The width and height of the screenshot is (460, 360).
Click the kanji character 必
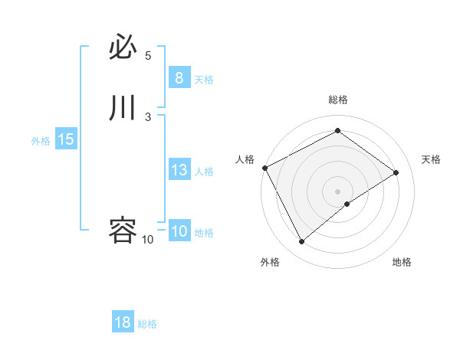(x=123, y=48)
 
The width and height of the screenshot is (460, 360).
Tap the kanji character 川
(x=123, y=108)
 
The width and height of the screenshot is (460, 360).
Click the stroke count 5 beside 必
(x=148, y=56)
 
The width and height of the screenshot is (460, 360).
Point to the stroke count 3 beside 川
(x=148, y=116)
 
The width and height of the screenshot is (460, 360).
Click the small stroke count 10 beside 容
(x=147, y=240)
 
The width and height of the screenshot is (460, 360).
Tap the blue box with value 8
(x=179, y=78)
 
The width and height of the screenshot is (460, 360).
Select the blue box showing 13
(x=179, y=170)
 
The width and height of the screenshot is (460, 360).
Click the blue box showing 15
(x=66, y=139)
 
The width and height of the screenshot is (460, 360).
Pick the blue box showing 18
(x=123, y=322)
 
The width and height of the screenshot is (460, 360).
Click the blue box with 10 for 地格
(x=179, y=231)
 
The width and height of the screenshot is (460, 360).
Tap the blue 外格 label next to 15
(x=41, y=141)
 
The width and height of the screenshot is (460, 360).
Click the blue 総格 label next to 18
(x=147, y=324)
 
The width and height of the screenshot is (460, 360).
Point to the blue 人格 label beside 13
(x=204, y=172)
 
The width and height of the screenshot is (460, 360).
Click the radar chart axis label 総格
(x=338, y=100)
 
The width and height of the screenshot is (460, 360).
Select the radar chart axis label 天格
(x=431, y=159)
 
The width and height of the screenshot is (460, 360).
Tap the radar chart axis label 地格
(x=402, y=262)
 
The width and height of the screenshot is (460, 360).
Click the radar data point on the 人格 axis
(x=264, y=168)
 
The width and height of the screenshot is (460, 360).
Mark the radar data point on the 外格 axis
(x=302, y=242)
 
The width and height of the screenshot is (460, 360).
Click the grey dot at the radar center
(x=338, y=191)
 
